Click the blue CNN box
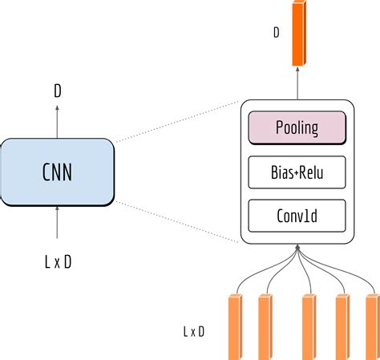(x=58, y=171)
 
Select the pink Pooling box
(x=297, y=127)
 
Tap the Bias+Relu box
(x=297, y=171)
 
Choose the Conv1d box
(x=297, y=214)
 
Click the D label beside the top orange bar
(x=276, y=33)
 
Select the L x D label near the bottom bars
(x=193, y=330)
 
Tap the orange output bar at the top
(x=299, y=34)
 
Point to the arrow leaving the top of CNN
(x=58, y=120)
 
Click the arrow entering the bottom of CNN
(x=58, y=223)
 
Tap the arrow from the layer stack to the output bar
(x=298, y=83)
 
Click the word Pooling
(x=297, y=127)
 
